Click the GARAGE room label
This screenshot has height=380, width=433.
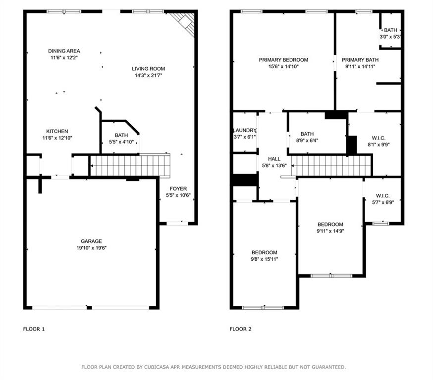[91, 241]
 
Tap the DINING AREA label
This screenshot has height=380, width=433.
[64, 51]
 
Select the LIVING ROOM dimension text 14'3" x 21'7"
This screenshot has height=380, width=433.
[148, 76]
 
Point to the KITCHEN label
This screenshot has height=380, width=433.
[57, 131]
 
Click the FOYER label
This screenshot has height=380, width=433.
[178, 189]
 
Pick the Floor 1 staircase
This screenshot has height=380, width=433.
[130, 165]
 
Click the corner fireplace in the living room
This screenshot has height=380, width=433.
[183, 24]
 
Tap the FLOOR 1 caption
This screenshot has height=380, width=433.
[34, 329]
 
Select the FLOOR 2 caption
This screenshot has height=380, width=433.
[240, 329]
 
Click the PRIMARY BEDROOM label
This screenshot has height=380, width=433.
[283, 60]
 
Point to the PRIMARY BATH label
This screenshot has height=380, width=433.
[360, 60]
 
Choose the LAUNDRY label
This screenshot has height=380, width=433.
[245, 131]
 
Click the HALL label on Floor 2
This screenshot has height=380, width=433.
[274, 159]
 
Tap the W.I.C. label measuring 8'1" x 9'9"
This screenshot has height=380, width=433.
[379, 138]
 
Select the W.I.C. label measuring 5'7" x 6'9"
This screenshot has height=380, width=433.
[383, 196]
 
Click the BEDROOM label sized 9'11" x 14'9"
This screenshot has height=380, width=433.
[330, 225]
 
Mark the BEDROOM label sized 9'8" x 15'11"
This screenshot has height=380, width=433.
[264, 253]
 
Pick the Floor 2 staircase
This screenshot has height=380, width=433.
[331, 165]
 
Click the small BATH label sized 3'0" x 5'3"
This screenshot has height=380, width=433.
[390, 30]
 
